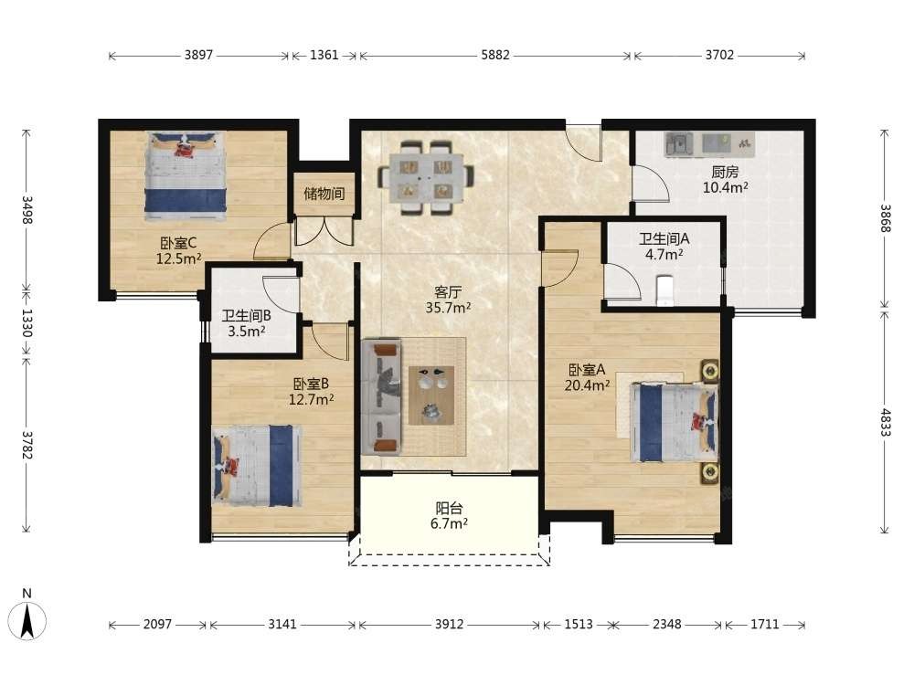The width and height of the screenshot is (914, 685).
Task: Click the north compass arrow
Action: (27, 621)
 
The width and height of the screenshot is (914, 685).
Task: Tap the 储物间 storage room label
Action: (324, 194)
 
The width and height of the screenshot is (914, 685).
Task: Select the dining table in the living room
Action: (426, 178)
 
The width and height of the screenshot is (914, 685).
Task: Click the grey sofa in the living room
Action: (382, 397)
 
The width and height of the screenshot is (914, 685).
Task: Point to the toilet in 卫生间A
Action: (664, 290)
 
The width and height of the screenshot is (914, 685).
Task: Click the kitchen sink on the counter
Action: (677, 144)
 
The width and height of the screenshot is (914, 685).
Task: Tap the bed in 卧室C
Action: (186, 176)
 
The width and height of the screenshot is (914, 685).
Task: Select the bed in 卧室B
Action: (257, 466)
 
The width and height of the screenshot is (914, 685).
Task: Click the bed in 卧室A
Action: (674, 422)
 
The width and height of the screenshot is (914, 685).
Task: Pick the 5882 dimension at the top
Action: (495, 56)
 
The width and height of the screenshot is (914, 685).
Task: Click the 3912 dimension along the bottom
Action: (449, 625)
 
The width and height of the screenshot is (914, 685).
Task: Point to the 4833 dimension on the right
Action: (885, 423)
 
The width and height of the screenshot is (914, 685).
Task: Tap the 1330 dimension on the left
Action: (27, 322)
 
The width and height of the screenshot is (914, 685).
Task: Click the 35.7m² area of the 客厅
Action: (448, 307)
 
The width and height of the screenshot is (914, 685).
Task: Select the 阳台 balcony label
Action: (449, 508)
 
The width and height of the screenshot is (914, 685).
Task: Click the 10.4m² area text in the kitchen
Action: (725, 187)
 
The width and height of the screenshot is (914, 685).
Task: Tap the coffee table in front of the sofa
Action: (431, 395)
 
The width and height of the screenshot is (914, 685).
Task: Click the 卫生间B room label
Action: (246, 316)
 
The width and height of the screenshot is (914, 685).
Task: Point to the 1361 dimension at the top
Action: (324, 56)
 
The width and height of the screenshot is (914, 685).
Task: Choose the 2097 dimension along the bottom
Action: (157, 625)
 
